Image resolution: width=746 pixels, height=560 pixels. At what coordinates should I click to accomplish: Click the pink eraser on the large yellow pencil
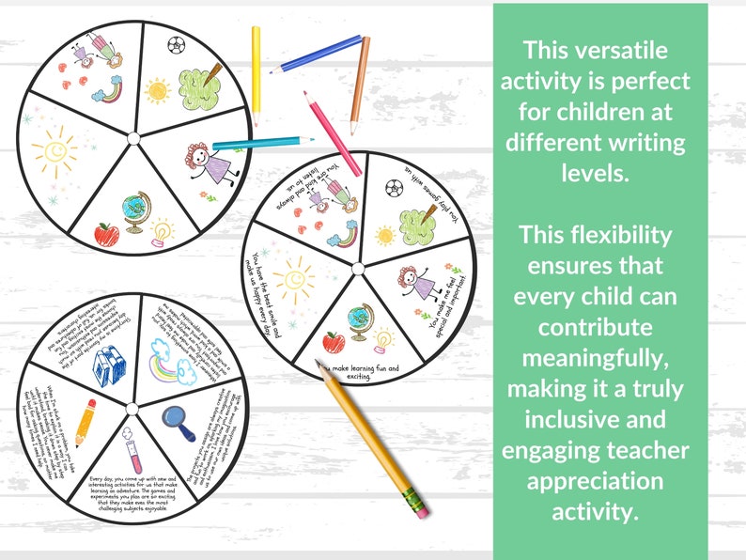click(x=417, y=506)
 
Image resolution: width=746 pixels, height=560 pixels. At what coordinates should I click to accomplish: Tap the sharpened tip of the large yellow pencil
click(x=320, y=366)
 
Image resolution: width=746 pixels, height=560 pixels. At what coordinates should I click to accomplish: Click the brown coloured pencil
click(x=359, y=85)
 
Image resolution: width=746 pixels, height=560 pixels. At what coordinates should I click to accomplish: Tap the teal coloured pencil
click(x=250, y=144)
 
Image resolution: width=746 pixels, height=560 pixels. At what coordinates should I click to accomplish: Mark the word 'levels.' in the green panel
click(x=599, y=173)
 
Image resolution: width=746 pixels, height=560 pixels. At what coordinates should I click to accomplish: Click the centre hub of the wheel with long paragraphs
click(x=131, y=408)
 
